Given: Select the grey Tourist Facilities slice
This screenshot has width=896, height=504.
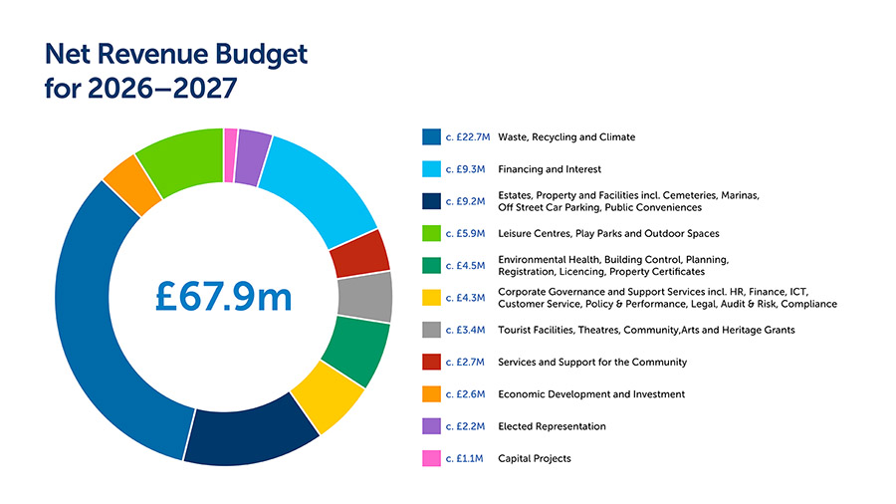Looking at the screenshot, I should tap(364, 296).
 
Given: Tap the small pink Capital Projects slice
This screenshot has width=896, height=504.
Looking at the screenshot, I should tap(231, 142).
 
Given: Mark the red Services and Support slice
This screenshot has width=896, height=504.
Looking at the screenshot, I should tap(358, 253).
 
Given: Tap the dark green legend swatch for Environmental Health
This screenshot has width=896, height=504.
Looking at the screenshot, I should tap(431, 266).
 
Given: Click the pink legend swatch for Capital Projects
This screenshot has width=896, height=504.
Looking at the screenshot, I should tap(431, 458).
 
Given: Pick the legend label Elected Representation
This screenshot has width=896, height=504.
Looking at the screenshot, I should tap(552, 426).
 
